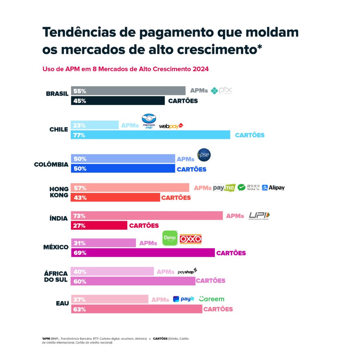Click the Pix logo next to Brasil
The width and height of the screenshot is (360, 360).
point(221,91)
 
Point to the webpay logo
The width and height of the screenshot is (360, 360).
point(171,126)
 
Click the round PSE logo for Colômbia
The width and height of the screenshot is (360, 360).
point(204,155)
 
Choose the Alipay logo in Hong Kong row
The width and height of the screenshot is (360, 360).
point(273,188)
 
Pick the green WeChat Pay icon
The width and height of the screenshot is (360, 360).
point(241,187)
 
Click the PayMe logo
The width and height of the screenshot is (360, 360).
point(224,188)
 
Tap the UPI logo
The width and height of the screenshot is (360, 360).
point(259,216)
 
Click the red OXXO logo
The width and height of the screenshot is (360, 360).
point(191,239)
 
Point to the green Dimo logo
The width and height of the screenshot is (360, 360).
point(170,238)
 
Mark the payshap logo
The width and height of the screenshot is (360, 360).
point(187,271)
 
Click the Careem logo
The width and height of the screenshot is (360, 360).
point(211,299)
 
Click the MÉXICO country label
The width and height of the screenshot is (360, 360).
point(56,247)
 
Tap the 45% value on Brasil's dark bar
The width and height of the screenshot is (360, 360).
point(80,101)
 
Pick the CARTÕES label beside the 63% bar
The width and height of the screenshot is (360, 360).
point(218,309)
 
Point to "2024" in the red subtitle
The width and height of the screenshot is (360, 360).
point(200,69)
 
